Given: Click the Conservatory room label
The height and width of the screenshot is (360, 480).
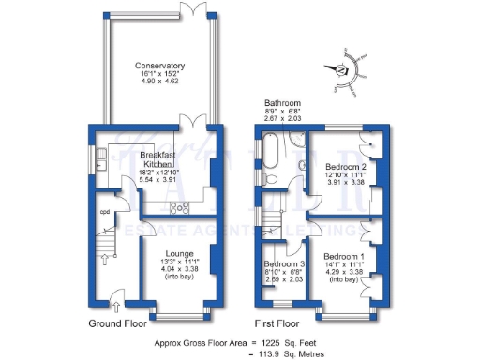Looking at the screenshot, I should pyautogui.click(x=159, y=66).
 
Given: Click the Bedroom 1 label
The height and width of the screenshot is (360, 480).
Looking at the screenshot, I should pyautogui.click(x=344, y=256).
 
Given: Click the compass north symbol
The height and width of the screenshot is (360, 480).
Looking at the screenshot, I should pyautogui.click(x=341, y=70).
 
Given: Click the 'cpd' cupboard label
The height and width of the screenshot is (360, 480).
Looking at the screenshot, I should pyautogui.click(x=105, y=212).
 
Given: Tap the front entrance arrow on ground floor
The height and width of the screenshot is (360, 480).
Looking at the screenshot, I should pyautogui.click(x=114, y=304).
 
